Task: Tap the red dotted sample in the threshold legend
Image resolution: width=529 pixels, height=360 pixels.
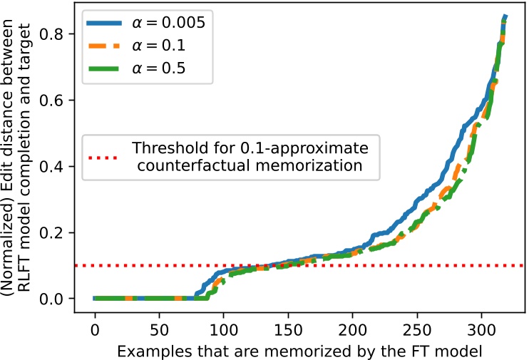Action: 106,158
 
